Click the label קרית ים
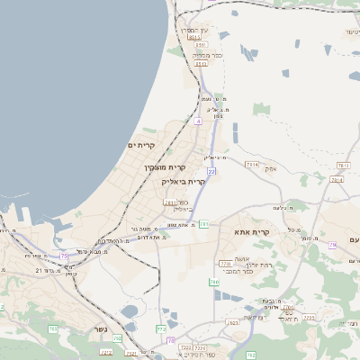tap(142, 145)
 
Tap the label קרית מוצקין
tap(165, 167)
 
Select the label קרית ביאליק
tap(184, 181)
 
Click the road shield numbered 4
tap(198, 119)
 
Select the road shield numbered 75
tap(64, 256)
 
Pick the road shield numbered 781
tap(204, 223)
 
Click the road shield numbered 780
tap(214, 283)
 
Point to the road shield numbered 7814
tap(251, 166)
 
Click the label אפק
tap(271, 168)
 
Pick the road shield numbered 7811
tap(171, 202)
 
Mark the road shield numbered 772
tap(161, 329)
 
